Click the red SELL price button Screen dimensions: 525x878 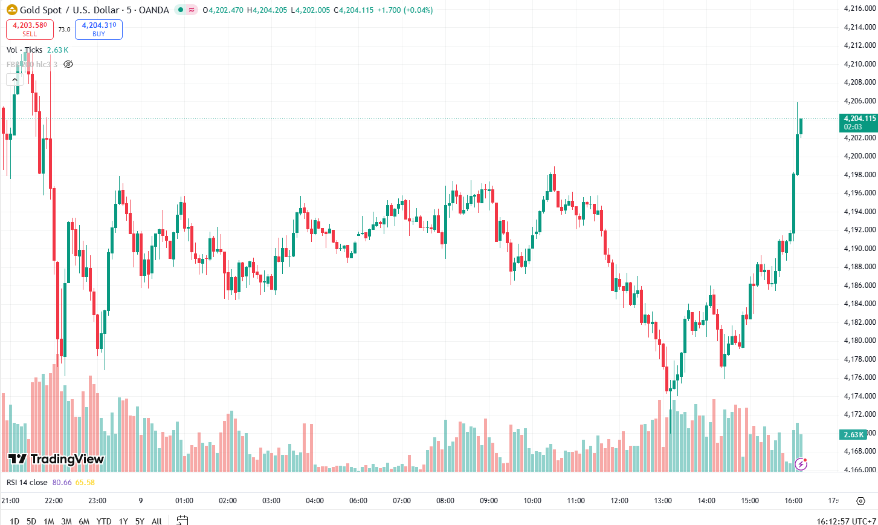[30, 29]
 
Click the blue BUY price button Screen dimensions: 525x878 [98, 29]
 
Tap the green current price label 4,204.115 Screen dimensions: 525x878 [857, 119]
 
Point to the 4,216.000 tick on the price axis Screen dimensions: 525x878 [859, 8]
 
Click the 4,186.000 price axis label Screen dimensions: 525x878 [859, 285]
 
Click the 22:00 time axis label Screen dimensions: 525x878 [54, 501]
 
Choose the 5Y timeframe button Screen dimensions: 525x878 [140, 521]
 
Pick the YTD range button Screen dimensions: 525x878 [104, 521]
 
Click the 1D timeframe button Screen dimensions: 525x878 [15, 521]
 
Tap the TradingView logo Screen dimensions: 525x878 [56, 459]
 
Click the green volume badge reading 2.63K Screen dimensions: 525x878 [853, 434]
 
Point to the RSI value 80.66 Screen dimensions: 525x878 [62, 482]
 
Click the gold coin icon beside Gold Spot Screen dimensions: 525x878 [10, 10]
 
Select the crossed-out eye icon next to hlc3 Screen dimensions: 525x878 [68, 64]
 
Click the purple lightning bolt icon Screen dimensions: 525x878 [801, 464]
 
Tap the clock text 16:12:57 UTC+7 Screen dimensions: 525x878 [844, 521]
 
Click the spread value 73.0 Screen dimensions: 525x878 [64, 29]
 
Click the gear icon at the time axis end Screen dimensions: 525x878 [860, 501]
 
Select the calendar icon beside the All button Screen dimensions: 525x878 [182, 520]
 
